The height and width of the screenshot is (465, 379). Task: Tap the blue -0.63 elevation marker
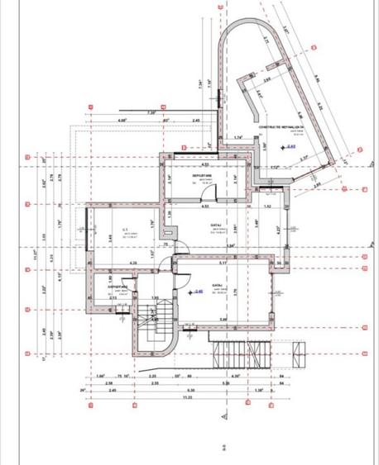tap(290, 146)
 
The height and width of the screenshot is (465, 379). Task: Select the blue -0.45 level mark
tap(198, 292)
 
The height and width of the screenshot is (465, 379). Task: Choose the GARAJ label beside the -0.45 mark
tap(218, 285)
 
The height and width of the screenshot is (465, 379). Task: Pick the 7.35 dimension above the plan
tap(151, 112)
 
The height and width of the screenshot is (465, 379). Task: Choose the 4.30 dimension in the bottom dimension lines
tap(237, 376)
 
